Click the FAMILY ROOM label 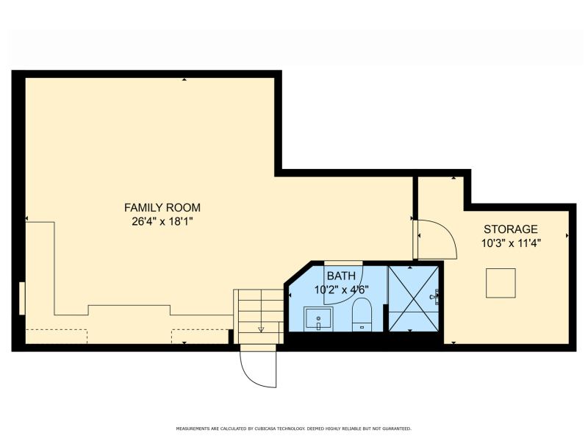162,207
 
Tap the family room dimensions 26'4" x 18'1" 162,222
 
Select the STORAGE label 511,229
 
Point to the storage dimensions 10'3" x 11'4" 511,243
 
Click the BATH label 341,276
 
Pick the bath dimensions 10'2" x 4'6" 342,290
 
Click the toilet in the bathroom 362,315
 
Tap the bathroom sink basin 318,319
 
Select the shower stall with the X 414,298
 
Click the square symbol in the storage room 501,283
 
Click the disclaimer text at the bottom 293,429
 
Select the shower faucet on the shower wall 435,297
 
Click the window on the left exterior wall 22,298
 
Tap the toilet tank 362,327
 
